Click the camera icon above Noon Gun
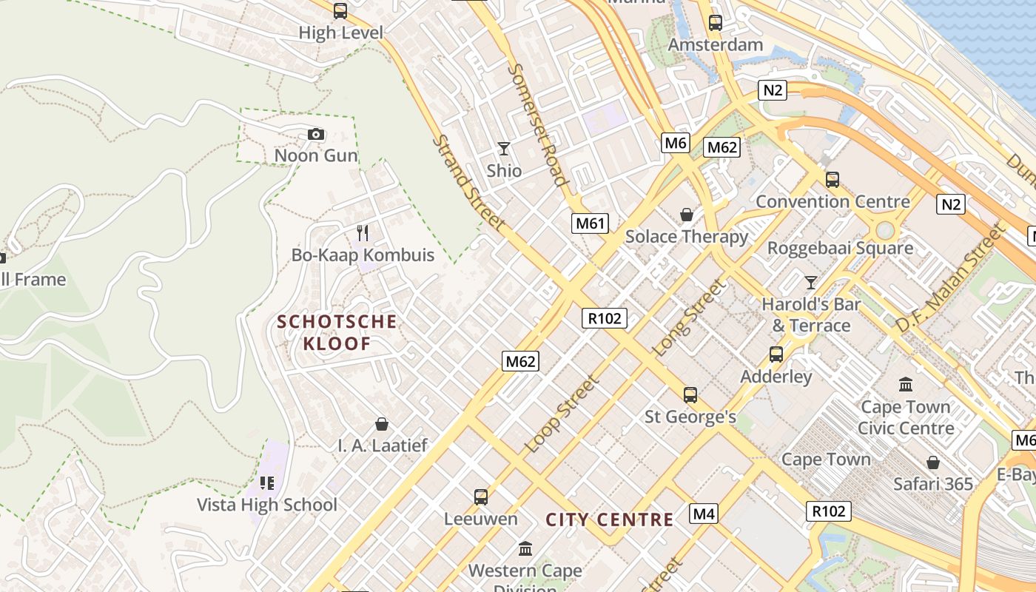(316, 134)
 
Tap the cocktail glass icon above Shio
(504, 149)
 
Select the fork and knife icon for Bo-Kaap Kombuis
(363, 233)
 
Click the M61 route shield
(590, 223)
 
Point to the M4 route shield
(703, 513)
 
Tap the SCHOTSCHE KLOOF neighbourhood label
(337, 332)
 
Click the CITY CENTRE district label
(610, 519)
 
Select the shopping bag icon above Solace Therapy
(687, 215)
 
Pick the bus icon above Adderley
(776, 354)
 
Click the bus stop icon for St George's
(690, 395)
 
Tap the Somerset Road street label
(538, 124)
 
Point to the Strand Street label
(469, 182)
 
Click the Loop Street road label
(561, 414)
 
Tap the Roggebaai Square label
(840, 248)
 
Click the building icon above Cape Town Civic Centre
(906, 384)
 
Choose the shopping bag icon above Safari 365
(933, 462)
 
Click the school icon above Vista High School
(267, 483)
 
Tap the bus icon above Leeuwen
(481, 497)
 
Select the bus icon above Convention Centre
(832, 180)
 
